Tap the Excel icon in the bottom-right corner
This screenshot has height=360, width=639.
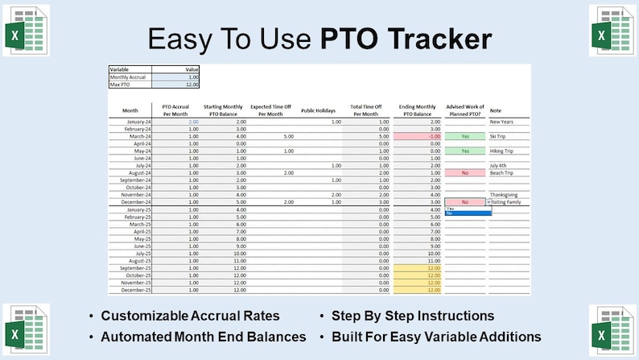point(613,331)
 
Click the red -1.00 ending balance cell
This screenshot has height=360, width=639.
point(416,136)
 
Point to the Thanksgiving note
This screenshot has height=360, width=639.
point(505,194)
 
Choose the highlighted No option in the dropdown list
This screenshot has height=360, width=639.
point(467,213)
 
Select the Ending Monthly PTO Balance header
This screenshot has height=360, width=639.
point(417,110)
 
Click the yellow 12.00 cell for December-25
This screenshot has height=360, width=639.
point(416,289)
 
